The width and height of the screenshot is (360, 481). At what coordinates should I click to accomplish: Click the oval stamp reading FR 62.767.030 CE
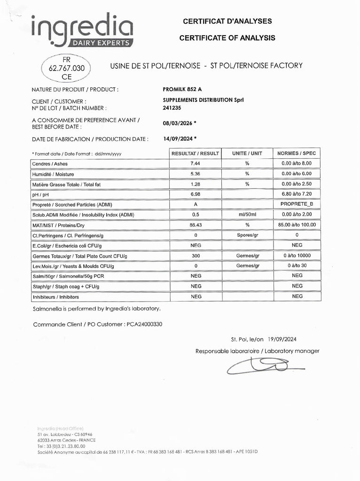coord(66,68)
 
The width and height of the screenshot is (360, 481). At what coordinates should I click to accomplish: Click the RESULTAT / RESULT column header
coord(195,154)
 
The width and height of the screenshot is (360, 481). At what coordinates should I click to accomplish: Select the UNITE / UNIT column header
coord(247,154)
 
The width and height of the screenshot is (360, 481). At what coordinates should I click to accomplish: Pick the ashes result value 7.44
coord(195,163)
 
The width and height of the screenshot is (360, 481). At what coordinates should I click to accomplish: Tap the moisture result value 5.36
coord(195,174)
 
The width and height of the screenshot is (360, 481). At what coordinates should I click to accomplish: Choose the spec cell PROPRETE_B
coord(297,204)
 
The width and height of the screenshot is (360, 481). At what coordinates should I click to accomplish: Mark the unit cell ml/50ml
coord(247,215)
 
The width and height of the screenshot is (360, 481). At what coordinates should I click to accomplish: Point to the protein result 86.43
coord(195,225)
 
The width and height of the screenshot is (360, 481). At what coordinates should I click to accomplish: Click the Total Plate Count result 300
coord(195,256)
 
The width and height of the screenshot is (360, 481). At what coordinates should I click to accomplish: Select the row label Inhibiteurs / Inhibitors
coord(55,297)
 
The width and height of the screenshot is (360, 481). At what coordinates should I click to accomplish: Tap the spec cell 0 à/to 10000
coord(297,256)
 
